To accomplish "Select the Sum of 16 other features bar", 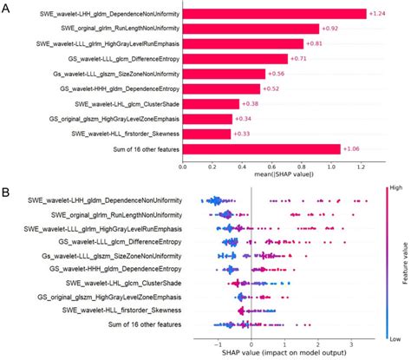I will click(286, 148).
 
